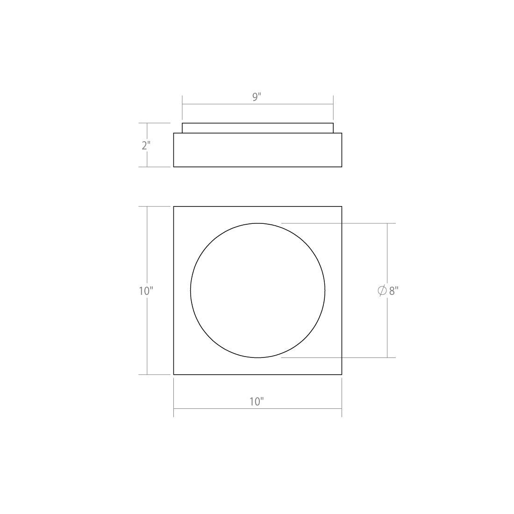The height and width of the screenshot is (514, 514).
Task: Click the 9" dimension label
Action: [x=257, y=97]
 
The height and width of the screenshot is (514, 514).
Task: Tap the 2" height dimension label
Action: [x=146, y=145]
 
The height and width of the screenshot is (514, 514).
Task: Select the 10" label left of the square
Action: [x=146, y=291]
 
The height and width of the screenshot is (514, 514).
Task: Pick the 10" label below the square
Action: [x=257, y=401]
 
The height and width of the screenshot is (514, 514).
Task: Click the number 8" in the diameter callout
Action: [x=394, y=291]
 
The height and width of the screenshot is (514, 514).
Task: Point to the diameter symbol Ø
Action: [x=382, y=291]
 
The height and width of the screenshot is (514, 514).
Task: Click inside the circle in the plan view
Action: [x=257, y=291]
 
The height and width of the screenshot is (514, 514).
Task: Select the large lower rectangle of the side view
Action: [x=257, y=150]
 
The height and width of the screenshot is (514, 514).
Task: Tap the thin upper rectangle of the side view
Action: [x=257, y=128]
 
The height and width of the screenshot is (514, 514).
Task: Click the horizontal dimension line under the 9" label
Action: [x=257, y=104]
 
